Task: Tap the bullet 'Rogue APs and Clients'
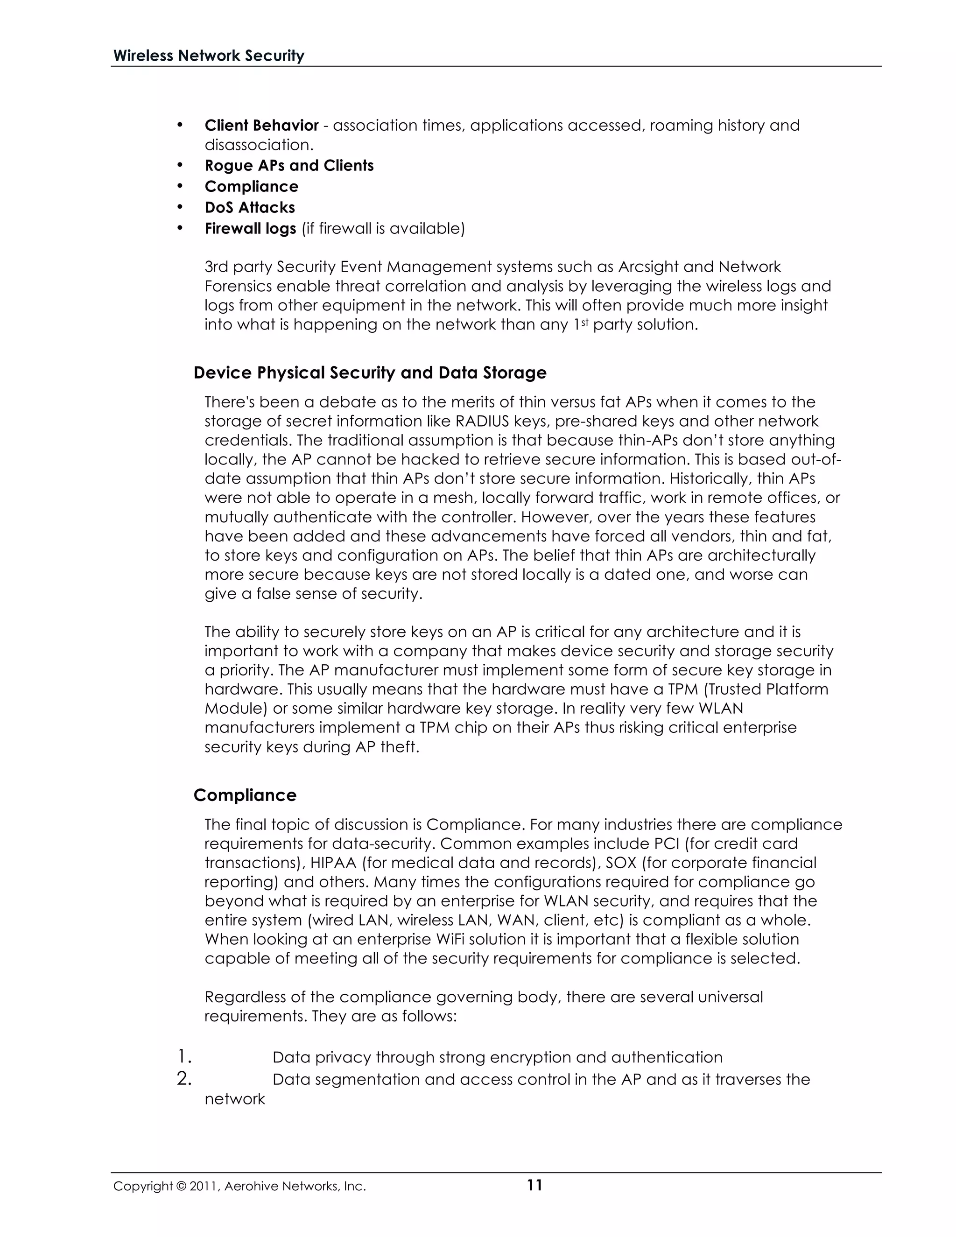289,165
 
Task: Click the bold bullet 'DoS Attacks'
250,207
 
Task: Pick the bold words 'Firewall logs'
250,228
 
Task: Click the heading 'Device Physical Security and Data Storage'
370,373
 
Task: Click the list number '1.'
184,1056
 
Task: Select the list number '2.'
184,1078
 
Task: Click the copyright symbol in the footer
181,1187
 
